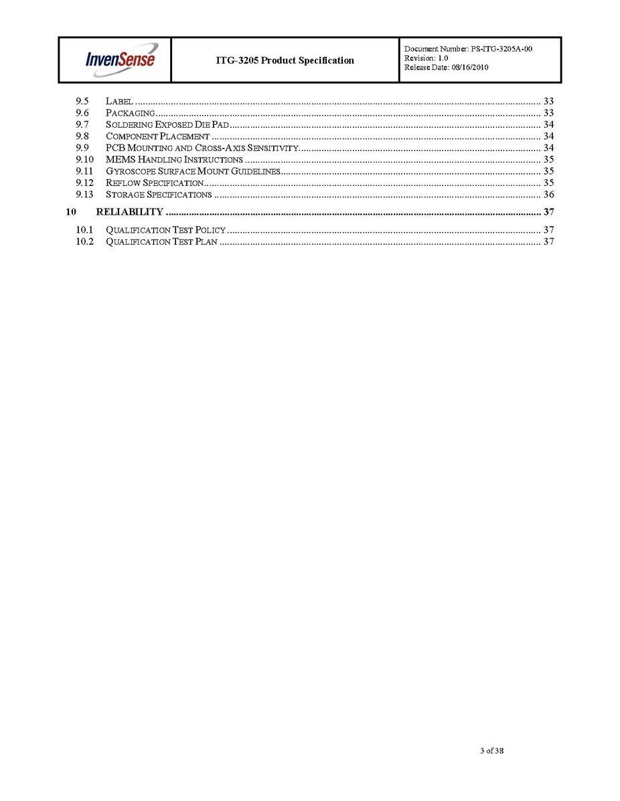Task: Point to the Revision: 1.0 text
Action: tap(427, 58)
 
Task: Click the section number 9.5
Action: tap(82, 102)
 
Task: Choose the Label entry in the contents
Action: tap(119, 102)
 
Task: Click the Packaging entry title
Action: tap(130, 113)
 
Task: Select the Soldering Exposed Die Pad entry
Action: tap(167, 125)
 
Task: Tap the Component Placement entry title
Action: tap(157, 136)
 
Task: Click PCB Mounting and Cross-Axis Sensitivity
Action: tap(201, 148)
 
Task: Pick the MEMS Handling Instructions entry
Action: tap(174, 160)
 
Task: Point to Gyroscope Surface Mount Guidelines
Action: tap(192, 171)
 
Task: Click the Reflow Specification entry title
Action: tap(154, 183)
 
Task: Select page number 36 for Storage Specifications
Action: tap(548, 195)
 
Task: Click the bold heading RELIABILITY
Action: tap(129, 212)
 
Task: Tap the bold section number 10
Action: tap(72, 212)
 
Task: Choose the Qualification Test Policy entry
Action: tap(165, 230)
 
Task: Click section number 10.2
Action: tap(84, 241)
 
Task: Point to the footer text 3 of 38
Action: tap(491, 751)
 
